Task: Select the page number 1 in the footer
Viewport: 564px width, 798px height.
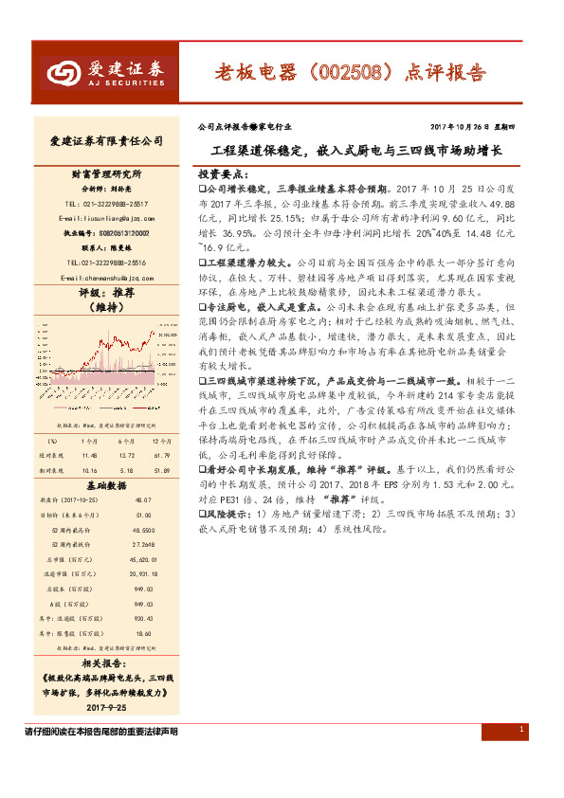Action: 522,728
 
